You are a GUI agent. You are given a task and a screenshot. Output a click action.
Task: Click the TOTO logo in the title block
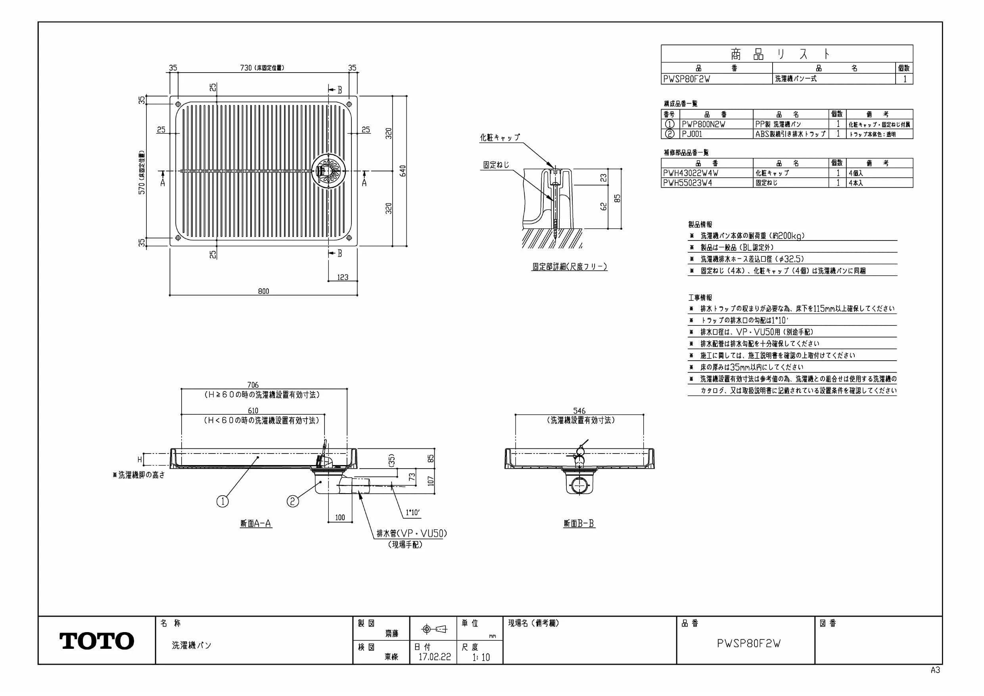[96, 641]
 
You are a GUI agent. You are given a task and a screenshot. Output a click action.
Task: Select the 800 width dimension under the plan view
[264, 291]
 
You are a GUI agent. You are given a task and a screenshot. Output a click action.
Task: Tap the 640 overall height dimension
[403, 171]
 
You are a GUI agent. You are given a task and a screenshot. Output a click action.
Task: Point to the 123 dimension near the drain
[343, 277]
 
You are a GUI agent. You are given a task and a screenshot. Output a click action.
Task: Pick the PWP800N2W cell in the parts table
[703, 124]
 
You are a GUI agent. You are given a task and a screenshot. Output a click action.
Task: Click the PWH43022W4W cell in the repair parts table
[691, 173]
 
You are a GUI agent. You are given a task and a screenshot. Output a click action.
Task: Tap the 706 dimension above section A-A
[253, 385]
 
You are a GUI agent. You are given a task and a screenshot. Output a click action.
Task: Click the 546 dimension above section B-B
[579, 411]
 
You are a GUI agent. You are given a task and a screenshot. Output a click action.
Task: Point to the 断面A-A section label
[256, 523]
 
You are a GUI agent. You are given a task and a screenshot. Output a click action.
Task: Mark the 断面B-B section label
[579, 523]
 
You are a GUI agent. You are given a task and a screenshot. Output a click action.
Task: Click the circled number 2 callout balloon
[292, 501]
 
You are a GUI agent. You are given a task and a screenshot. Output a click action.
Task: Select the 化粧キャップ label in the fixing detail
[500, 137]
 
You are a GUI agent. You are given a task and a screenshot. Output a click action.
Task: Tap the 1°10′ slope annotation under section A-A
[413, 512]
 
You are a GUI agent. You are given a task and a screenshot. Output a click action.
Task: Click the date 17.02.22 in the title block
[435, 657]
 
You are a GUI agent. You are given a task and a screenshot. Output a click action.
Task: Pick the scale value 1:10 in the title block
[481, 657]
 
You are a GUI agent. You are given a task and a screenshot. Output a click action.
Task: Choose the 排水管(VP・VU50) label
[411, 533]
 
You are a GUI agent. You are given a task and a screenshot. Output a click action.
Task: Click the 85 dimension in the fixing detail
[617, 198]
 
